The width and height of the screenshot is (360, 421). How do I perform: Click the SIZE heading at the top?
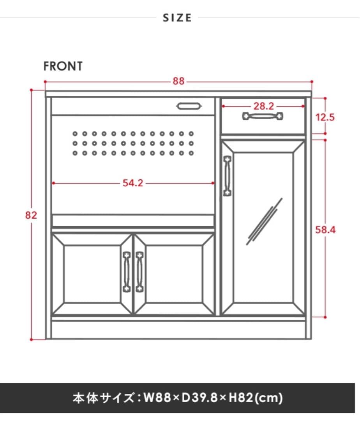click(x=177, y=18)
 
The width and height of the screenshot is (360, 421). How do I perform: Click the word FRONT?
click(x=63, y=66)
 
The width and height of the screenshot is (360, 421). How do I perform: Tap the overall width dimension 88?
click(x=178, y=81)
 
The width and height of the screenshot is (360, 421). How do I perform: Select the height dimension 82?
click(x=31, y=215)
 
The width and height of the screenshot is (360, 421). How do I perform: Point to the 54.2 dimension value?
click(x=133, y=183)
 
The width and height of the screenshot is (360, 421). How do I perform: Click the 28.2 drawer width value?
click(x=264, y=106)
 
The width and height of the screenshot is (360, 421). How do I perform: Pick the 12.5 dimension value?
click(x=325, y=117)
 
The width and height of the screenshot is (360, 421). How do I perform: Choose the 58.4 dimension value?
click(x=325, y=230)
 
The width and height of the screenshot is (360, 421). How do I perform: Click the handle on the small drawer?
click(x=263, y=116)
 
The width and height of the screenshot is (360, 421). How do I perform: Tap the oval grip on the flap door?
click(x=189, y=106)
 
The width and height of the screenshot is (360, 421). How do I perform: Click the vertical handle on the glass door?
click(x=227, y=176)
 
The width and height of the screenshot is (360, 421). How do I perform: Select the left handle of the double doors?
click(x=127, y=272)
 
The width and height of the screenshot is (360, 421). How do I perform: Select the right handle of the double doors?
click(x=139, y=272)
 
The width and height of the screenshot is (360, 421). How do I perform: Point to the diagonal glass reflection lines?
click(x=265, y=221)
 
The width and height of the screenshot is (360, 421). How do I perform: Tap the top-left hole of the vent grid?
click(x=75, y=134)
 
